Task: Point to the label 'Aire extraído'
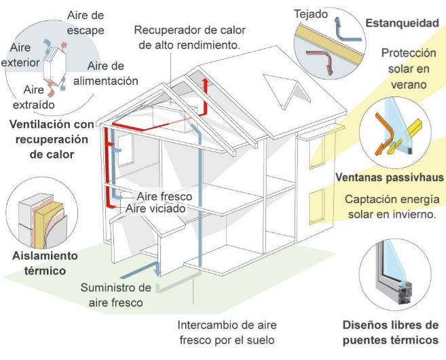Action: tap(33, 96)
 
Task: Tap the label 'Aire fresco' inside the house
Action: tap(164, 196)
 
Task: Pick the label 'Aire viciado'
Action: tap(155, 209)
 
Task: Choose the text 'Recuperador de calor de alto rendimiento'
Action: tap(189, 37)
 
